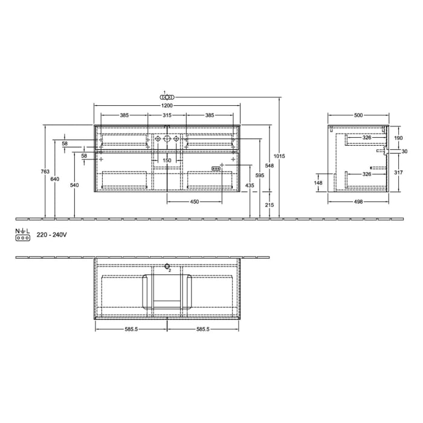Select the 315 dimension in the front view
(x=167, y=115)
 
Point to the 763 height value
(x=45, y=172)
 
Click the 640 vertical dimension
(x=55, y=179)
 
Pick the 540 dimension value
(x=74, y=185)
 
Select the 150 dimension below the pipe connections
(x=167, y=161)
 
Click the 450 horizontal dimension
(x=195, y=202)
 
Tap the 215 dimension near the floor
(x=269, y=205)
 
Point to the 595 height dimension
(x=259, y=175)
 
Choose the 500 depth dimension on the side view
(x=358, y=115)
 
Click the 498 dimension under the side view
(x=358, y=202)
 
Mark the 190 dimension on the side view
(x=398, y=138)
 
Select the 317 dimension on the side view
(x=398, y=172)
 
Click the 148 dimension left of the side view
(x=318, y=182)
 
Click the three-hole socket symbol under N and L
(x=23, y=239)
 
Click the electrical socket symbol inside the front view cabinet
(x=215, y=169)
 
